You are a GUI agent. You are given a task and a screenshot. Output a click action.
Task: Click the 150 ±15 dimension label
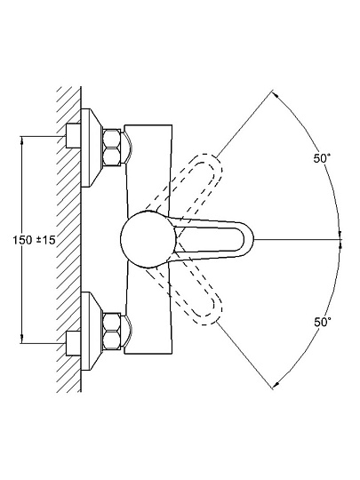pos(34,240)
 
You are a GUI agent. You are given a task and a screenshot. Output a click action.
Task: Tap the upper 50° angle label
pos(322,158)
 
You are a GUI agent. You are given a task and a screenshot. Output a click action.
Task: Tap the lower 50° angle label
pos(322,322)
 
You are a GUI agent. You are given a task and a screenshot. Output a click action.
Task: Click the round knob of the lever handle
pos(148,239)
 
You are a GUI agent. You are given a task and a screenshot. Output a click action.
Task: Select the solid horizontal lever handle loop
pos(212,239)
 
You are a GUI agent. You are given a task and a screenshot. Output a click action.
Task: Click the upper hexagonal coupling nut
pos(112,148)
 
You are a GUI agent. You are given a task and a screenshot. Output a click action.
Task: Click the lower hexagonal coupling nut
pos(112,331)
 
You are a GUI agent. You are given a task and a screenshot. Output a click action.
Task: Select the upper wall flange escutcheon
pos(91,148)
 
